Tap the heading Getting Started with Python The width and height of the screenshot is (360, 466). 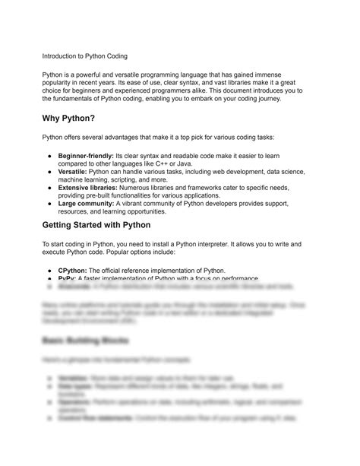[x=97, y=226]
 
